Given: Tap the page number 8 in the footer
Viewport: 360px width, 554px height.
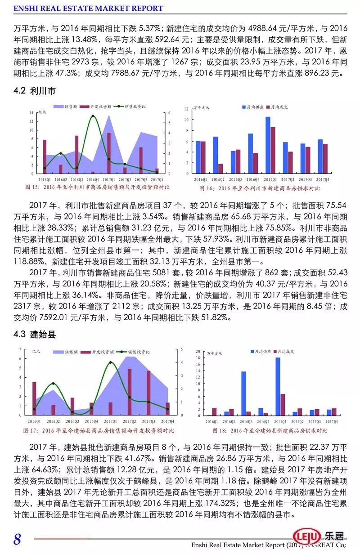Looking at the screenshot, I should [17, 539].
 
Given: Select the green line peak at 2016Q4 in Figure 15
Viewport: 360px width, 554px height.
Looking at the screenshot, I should [93, 116].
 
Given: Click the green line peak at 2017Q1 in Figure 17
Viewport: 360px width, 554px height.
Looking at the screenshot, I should [111, 362].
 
